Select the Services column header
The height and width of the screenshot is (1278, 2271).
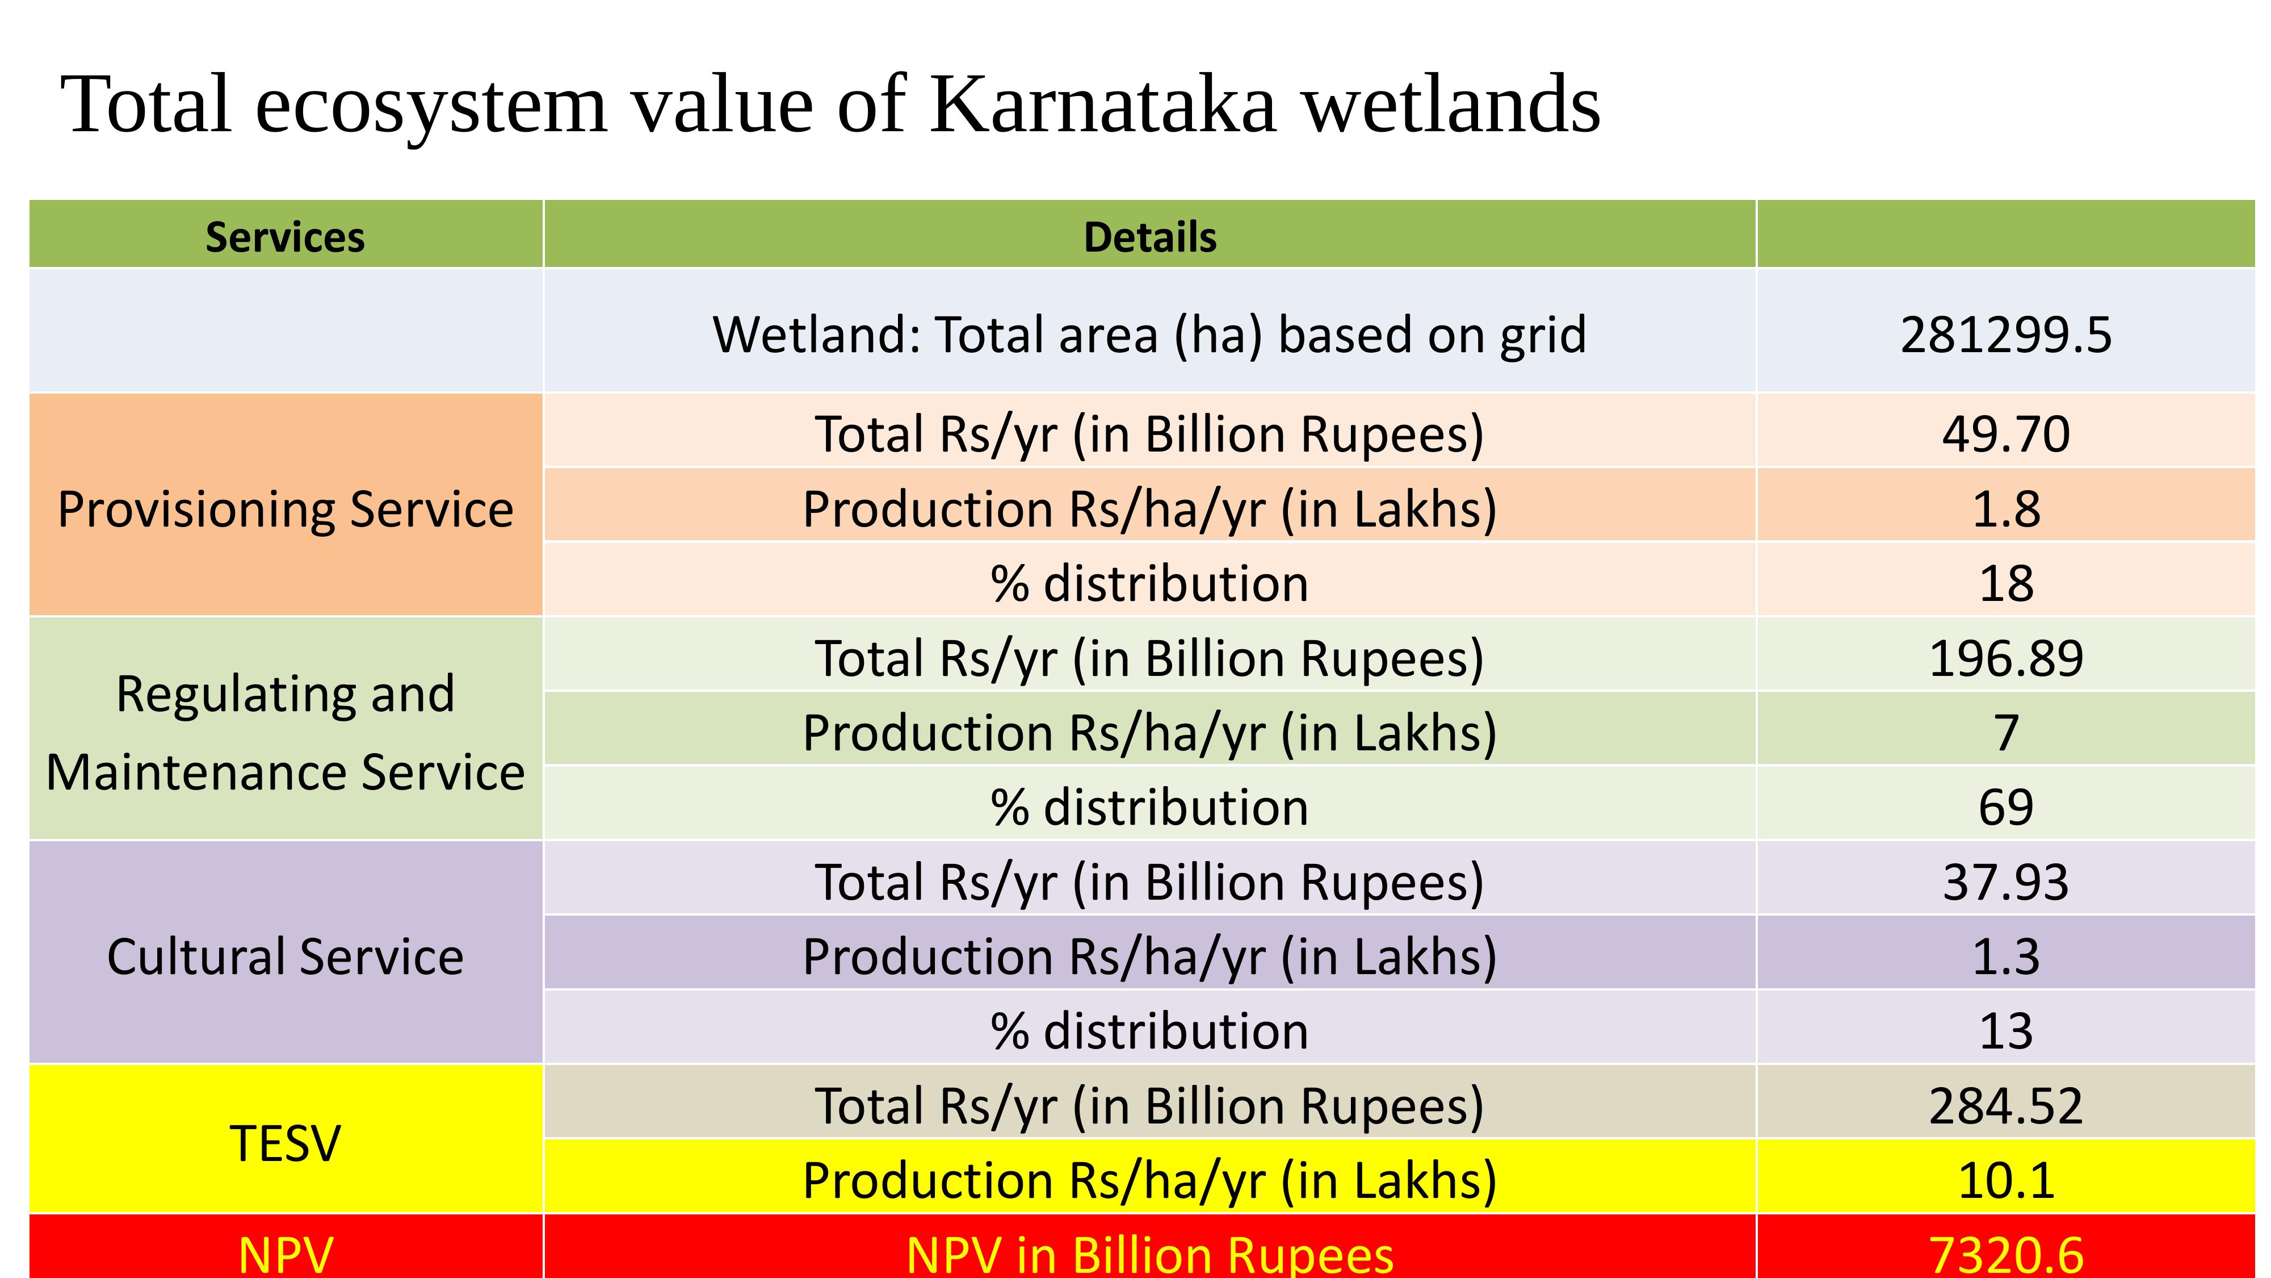pyautogui.click(x=285, y=237)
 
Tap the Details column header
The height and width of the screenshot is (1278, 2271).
pyautogui.click(x=1149, y=237)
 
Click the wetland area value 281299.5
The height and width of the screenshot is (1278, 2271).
pyautogui.click(x=2005, y=335)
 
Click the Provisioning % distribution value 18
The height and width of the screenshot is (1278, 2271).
pyautogui.click(x=2005, y=584)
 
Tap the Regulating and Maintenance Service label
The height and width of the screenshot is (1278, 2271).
pyautogui.click(x=285, y=732)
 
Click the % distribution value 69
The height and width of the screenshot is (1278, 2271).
pyautogui.click(x=2005, y=807)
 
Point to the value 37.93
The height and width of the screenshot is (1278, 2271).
pyautogui.click(x=2005, y=882)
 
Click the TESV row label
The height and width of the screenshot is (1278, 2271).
pyautogui.click(x=285, y=1144)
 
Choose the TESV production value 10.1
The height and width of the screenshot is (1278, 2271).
pyautogui.click(x=2005, y=1180)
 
